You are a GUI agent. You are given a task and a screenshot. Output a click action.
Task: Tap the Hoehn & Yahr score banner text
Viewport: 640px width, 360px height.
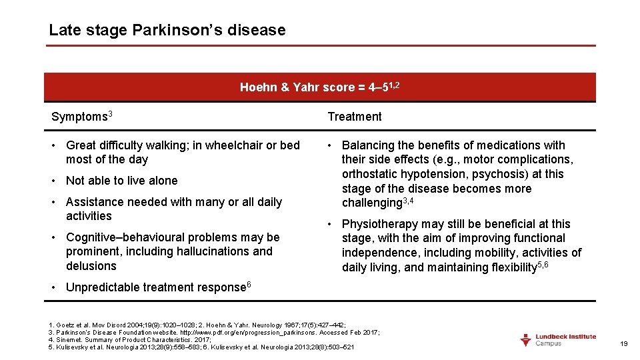[x=319, y=87]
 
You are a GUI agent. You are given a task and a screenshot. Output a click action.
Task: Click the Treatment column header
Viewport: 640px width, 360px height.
[x=355, y=117]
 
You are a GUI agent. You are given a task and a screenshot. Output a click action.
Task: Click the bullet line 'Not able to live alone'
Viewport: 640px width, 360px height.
[x=121, y=181]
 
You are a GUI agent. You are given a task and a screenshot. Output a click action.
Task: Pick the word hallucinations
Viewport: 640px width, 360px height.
[x=231, y=251]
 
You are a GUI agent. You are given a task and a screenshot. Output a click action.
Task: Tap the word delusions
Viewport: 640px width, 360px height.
[x=91, y=266]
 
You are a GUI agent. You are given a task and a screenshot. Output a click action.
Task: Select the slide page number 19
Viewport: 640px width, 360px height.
[x=624, y=343]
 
